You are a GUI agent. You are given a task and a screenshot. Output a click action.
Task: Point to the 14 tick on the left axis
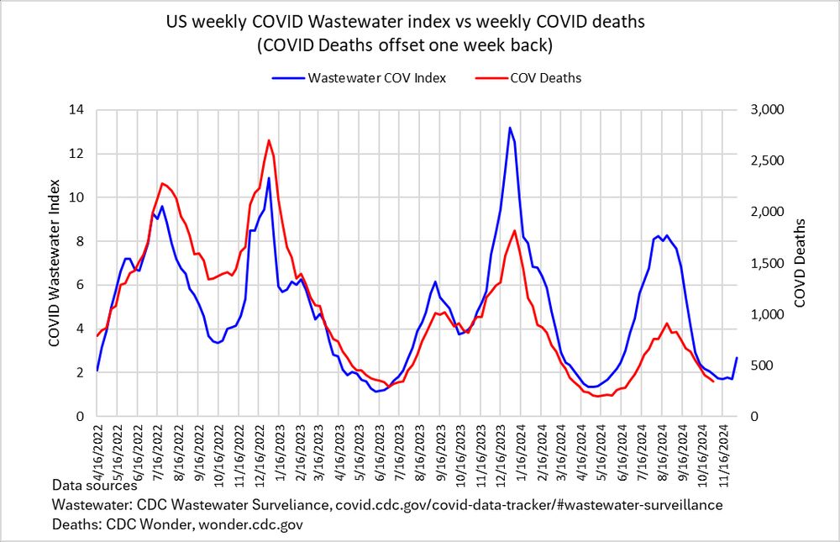pos(78,110)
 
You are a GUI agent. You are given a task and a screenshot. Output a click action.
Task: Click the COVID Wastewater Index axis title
pos(55,262)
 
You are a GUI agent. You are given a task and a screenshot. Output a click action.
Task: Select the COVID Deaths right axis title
pos(801,262)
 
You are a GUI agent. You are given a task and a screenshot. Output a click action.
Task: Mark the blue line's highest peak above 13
pos(510,128)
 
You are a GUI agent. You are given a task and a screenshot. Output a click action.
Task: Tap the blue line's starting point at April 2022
pos(97,371)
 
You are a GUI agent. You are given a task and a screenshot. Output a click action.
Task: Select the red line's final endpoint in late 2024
pos(713,382)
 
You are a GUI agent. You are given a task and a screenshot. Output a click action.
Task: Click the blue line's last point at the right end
pos(737,358)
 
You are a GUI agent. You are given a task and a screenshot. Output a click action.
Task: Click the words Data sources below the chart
pos(94,486)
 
